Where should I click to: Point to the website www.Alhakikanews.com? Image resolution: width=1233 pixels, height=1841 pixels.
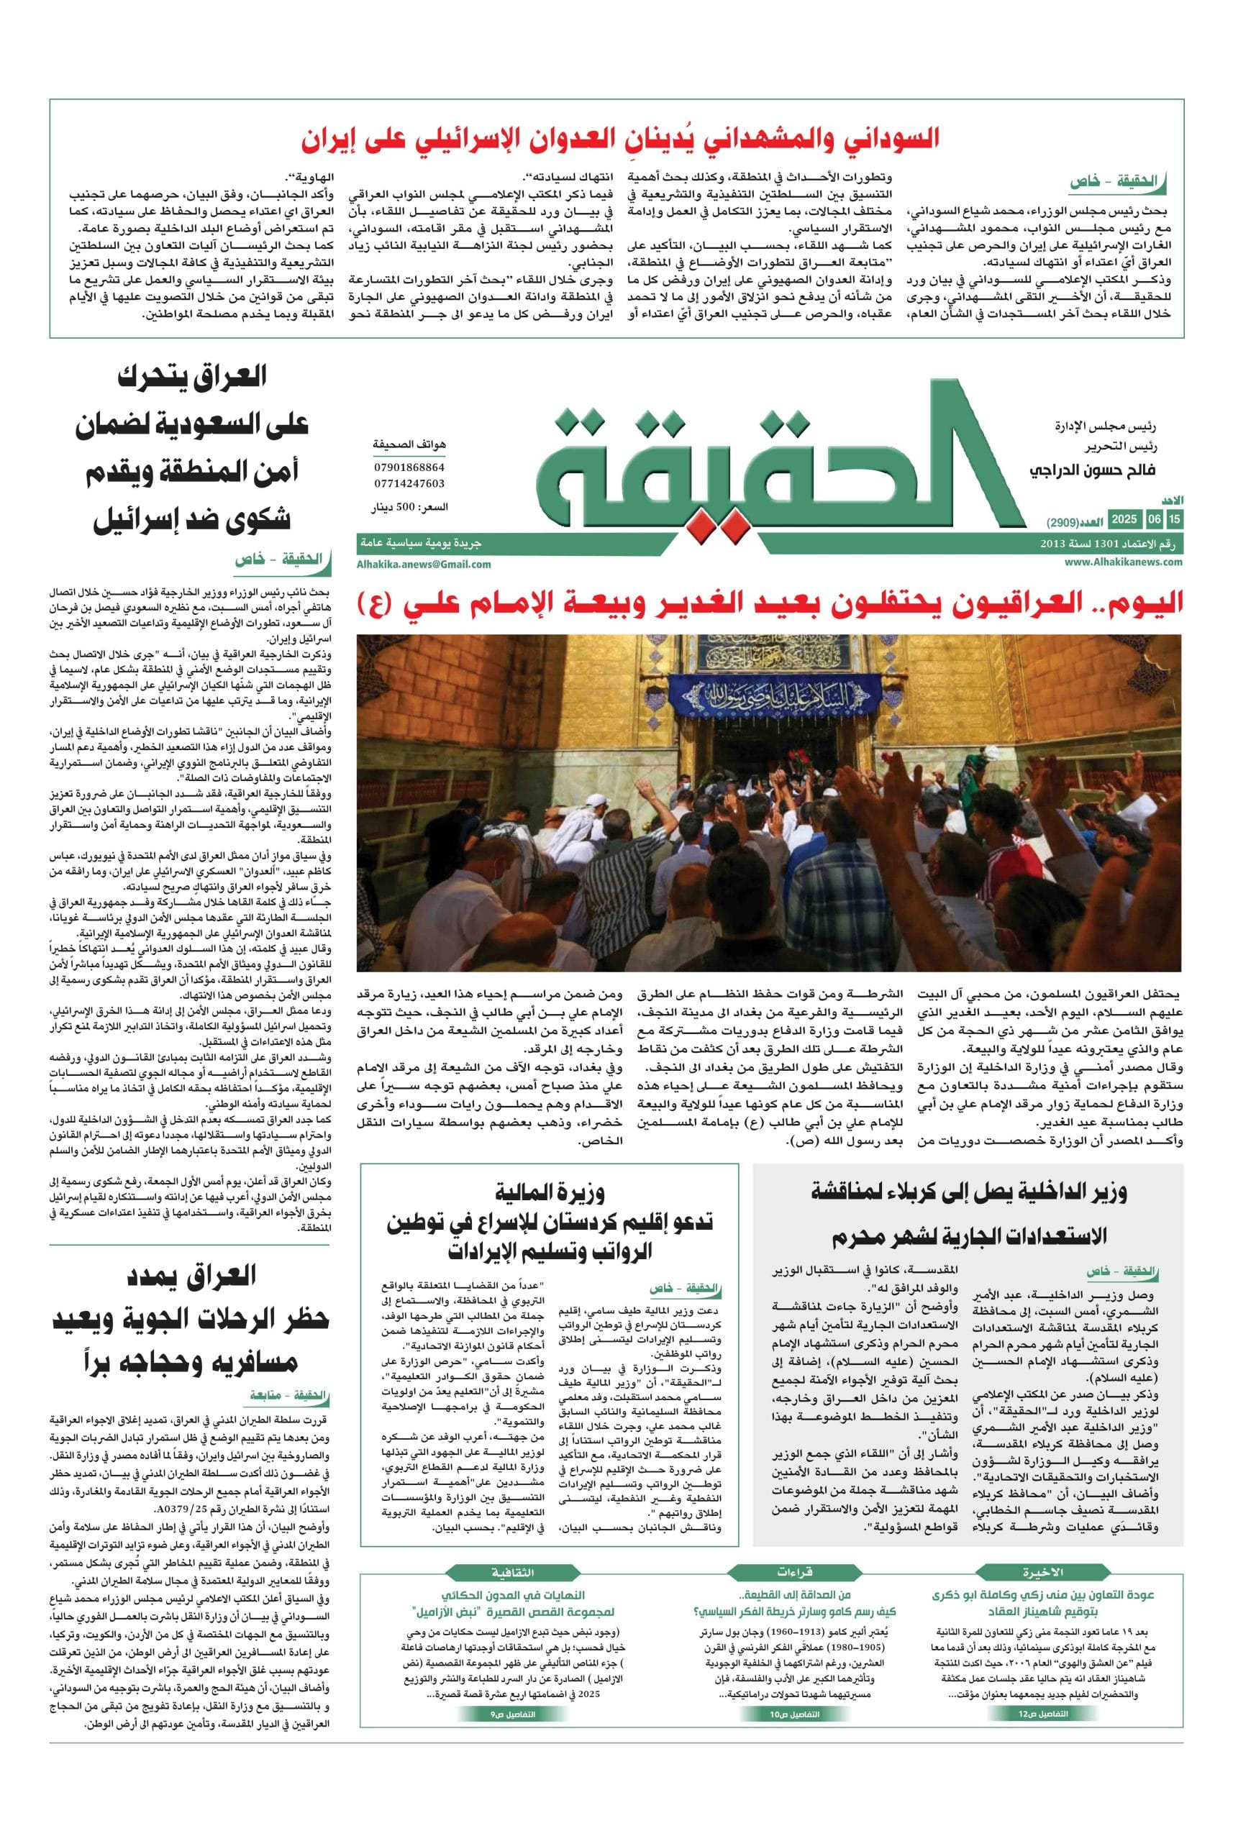1124,561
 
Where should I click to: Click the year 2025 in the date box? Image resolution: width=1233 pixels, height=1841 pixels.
1124,520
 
